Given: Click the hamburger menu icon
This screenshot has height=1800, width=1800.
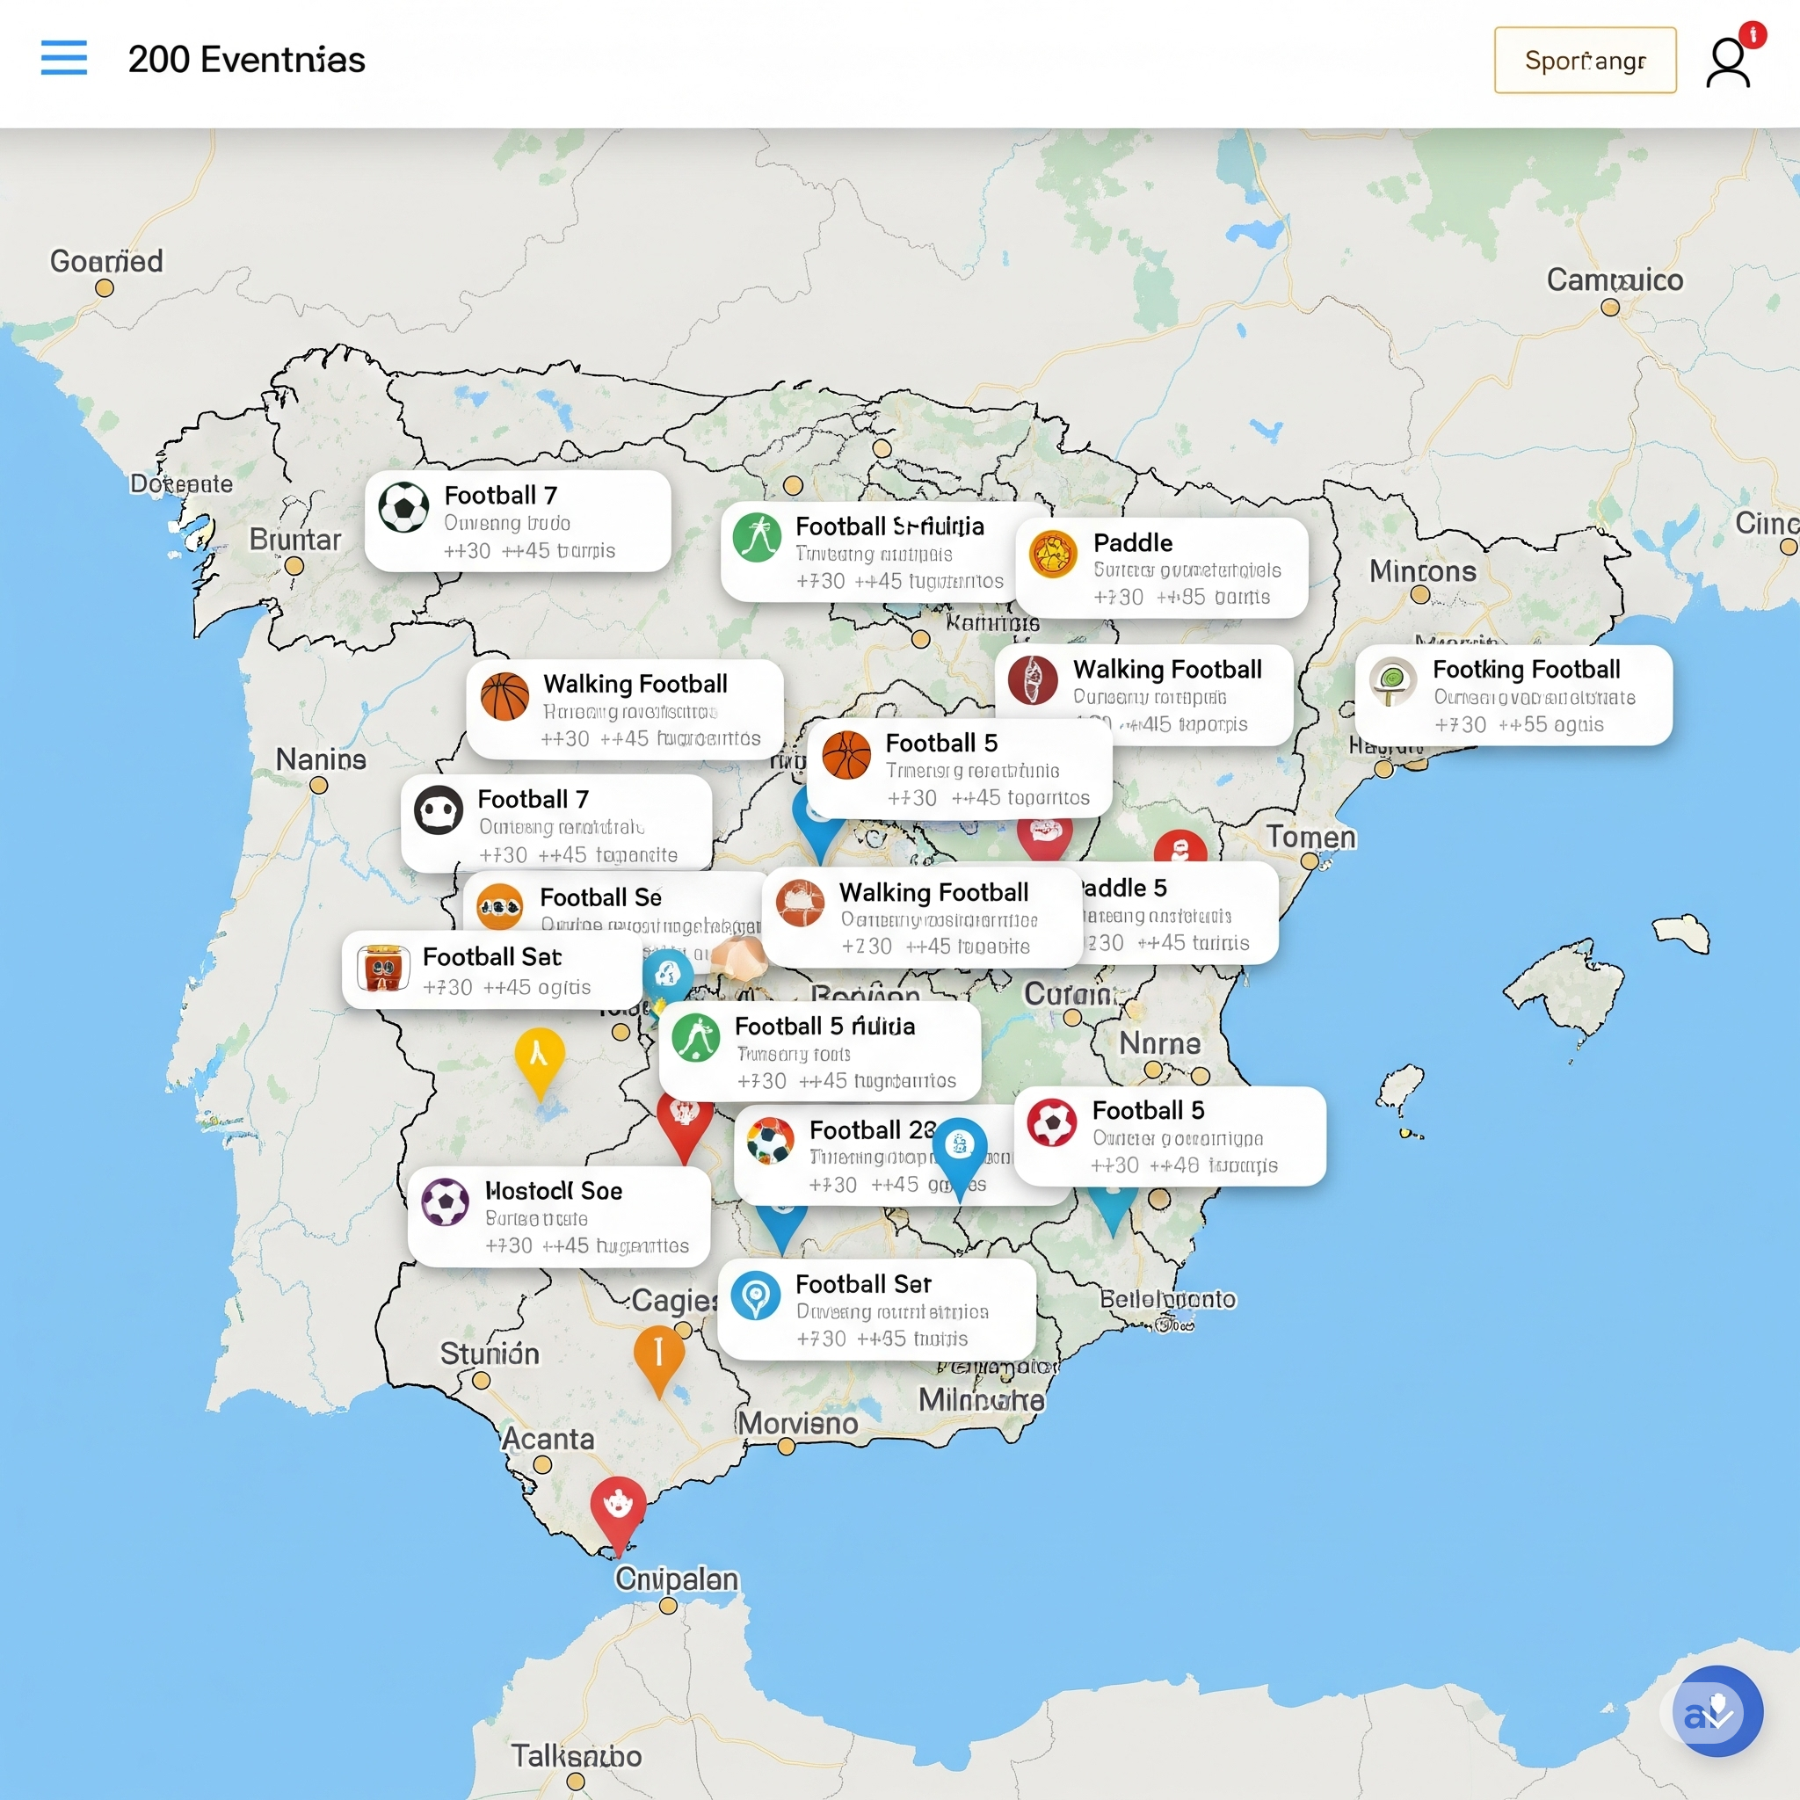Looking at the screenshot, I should [63, 58].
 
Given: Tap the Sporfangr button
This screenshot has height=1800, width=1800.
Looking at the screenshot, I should [1584, 61].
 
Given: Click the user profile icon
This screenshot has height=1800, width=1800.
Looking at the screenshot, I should [1727, 62].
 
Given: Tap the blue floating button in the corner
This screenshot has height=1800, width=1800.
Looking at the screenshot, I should [1717, 1710].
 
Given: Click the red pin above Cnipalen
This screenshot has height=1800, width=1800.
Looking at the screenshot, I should [618, 1507].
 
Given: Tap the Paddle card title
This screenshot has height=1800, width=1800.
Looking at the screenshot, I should [1132, 542].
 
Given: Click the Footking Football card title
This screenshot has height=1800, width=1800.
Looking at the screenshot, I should [1526, 669].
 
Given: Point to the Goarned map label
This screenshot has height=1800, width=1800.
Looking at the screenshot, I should [106, 261].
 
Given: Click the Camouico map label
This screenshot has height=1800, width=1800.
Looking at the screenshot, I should [1615, 279].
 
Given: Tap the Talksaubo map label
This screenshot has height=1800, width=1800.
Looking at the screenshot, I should [576, 1756].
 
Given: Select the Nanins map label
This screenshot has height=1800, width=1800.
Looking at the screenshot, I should [321, 759].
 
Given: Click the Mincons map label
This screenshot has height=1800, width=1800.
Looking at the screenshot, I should [1422, 571].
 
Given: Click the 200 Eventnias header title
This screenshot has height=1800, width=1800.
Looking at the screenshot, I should [246, 60].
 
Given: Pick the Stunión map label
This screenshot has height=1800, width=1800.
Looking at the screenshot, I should [490, 1353].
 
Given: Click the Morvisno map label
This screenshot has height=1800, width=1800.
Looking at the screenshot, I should [797, 1423].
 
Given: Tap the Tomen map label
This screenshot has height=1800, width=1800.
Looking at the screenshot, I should [1310, 837].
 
